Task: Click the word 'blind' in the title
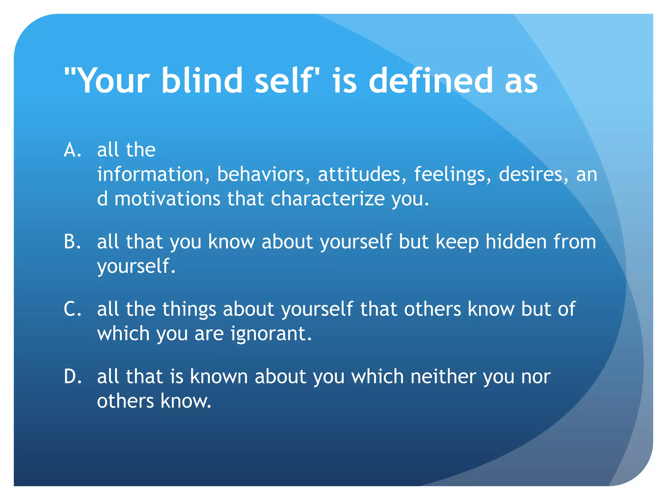(202, 80)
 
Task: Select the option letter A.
(72, 150)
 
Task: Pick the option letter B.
(72, 242)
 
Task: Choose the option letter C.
(72, 309)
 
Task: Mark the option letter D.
(72, 377)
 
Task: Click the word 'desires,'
(534, 174)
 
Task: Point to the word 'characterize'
(328, 199)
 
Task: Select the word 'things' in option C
(189, 309)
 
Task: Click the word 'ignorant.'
(271, 334)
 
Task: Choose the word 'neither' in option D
(443, 377)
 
